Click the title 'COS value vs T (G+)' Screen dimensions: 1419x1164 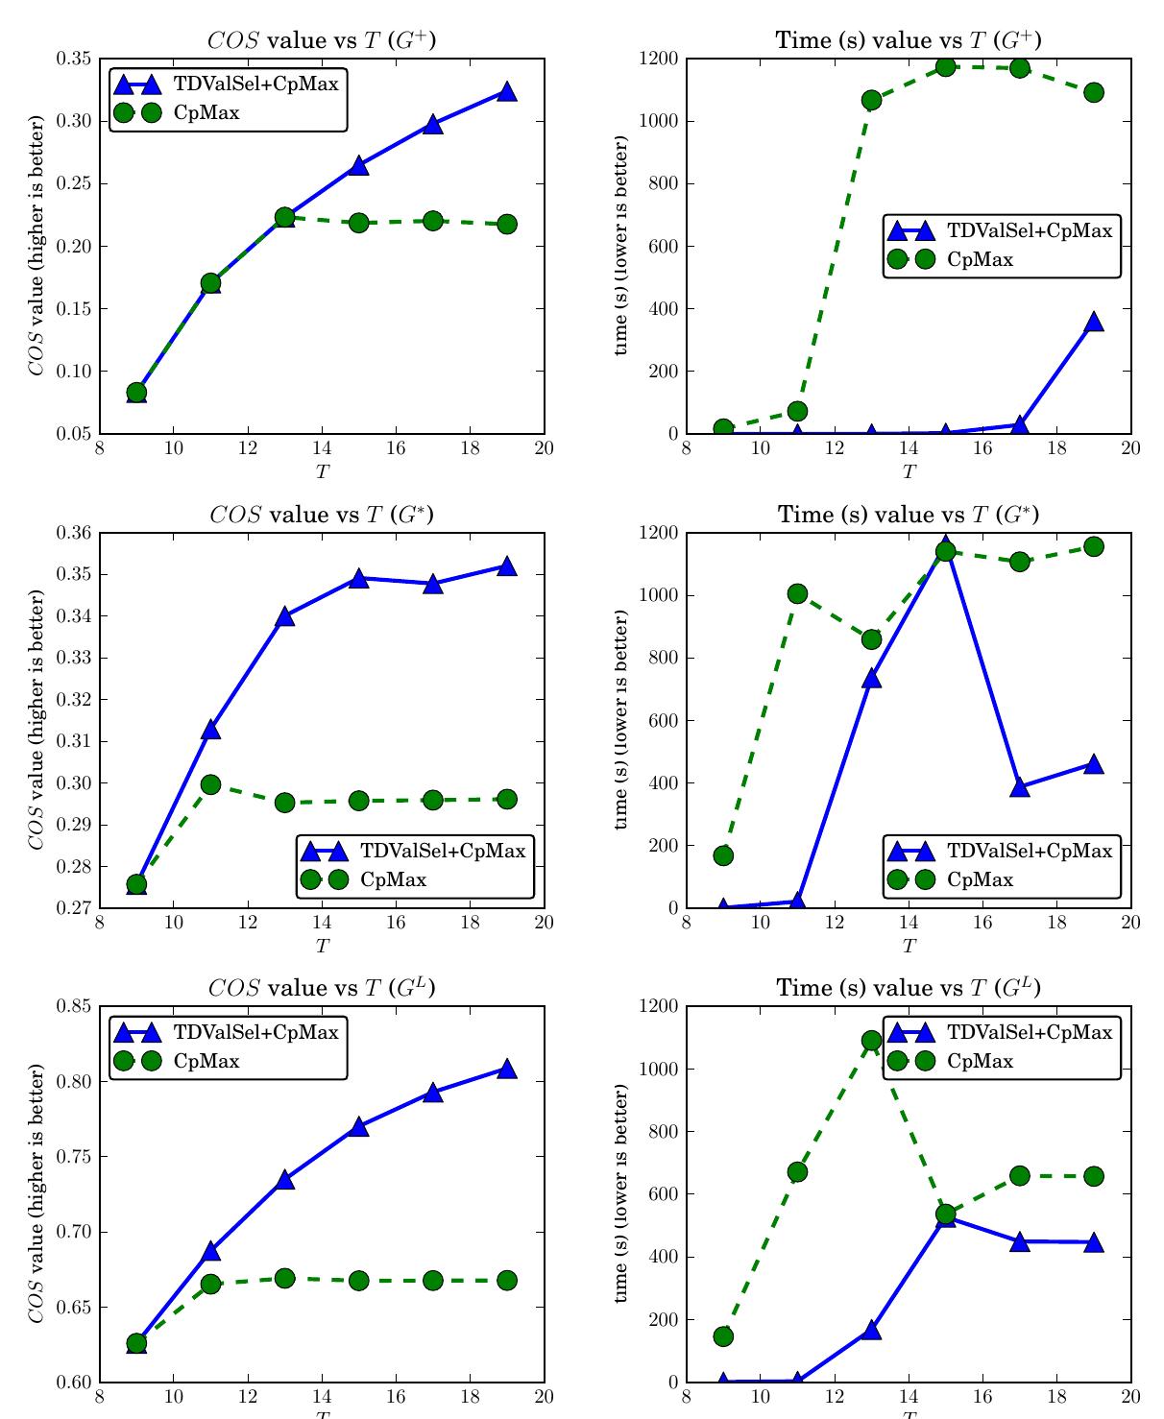click(x=322, y=40)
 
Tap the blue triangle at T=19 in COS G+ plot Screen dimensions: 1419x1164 click(x=507, y=92)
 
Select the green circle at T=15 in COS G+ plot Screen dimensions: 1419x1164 click(x=359, y=223)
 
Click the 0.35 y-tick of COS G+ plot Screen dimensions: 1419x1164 click(x=75, y=59)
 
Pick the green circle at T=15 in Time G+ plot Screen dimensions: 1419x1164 click(x=946, y=66)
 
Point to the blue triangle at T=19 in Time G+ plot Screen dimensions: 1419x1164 click(x=1094, y=323)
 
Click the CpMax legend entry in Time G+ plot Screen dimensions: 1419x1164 click(x=980, y=259)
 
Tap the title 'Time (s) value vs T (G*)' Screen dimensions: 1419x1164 click(x=909, y=515)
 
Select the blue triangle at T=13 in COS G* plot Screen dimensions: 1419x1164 click(x=285, y=617)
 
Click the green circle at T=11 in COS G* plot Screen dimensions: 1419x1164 click(x=210, y=784)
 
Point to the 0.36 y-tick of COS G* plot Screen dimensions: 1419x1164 click(x=75, y=533)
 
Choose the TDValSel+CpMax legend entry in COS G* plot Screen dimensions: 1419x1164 click(x=443, y=851)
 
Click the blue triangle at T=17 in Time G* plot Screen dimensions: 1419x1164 click(x=1020, y=787)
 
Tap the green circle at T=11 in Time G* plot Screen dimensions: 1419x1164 click(x=797, y=593)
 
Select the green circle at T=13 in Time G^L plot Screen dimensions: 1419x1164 click(x=871, y=1041)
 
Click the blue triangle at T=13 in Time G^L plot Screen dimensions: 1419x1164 click(x=871, y=1331)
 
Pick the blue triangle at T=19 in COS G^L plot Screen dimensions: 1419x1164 click(x=507, y=1070)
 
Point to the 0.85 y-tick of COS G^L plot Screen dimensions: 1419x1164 click(x=75, y=1006)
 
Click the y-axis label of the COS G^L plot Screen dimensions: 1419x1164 click(x=36, y=1193)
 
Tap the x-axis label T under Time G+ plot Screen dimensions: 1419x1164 click(x=909, y=471)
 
